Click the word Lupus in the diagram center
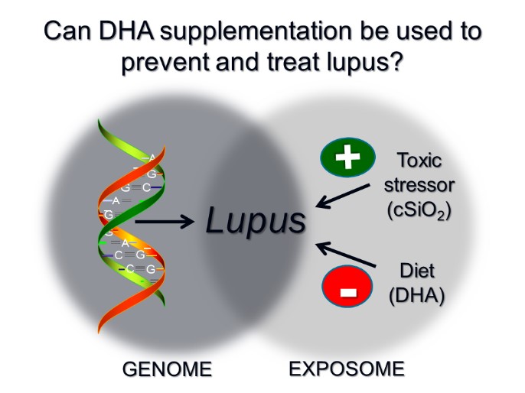coord(256,221)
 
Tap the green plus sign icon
coord(347,158)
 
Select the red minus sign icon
coord(347,289)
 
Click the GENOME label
coord(167,369)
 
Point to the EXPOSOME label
coord(347,369)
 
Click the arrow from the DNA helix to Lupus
coord(164,222)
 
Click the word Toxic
coord(419,161)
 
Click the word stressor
coord(419,184)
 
